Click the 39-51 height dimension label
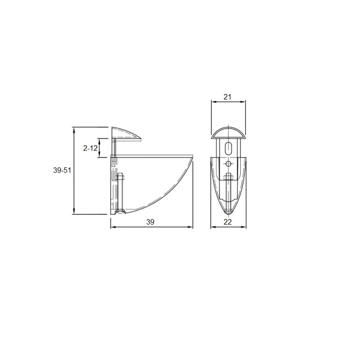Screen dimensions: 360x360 pyautogui.click(x=62, y=170)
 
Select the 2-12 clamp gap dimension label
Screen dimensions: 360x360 pyautogui.click(x=90, y=148)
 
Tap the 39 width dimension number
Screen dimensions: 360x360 pyautogui.click(x=150, y=222)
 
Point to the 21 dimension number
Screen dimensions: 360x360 pyautogui.click(x=227, y=97)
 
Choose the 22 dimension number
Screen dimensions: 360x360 pyautogui.click(x=228, y=222)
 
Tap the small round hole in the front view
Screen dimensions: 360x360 pyautogui.click(x=228, y=164)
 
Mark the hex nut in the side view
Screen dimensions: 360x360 pyautogui.click(x=120, y=177)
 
